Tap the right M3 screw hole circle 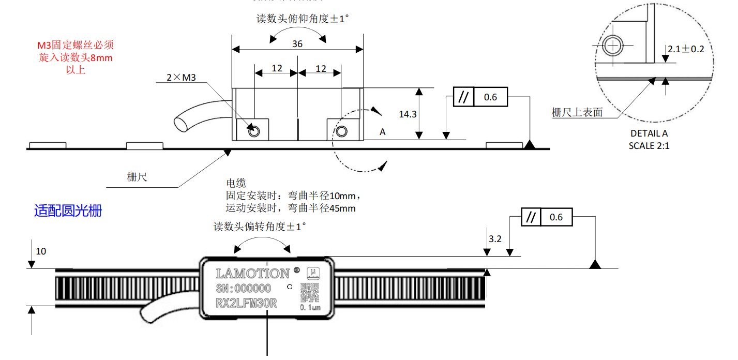click(x=341, y=131)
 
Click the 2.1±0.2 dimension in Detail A click(x=686, y=49)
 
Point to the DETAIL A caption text click(x=649, y=133)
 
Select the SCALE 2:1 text click(x=649, y=145)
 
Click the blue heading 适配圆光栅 click(x=68, y=211)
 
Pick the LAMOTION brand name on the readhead click(x=252, y=273)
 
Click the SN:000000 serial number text click(x=243, y=288)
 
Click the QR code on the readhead click(x=309, y=292)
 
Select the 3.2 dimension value click(x=495, y=239)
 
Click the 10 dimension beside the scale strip click(x=41, y=251)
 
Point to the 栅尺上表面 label click(x=577, y=112)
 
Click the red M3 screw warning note click(x=76, y=57)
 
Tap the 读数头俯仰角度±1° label click(x=303, y=19)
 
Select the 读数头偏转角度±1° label click(x=260, y=227)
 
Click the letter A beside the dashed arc click(x=383, y=132)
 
